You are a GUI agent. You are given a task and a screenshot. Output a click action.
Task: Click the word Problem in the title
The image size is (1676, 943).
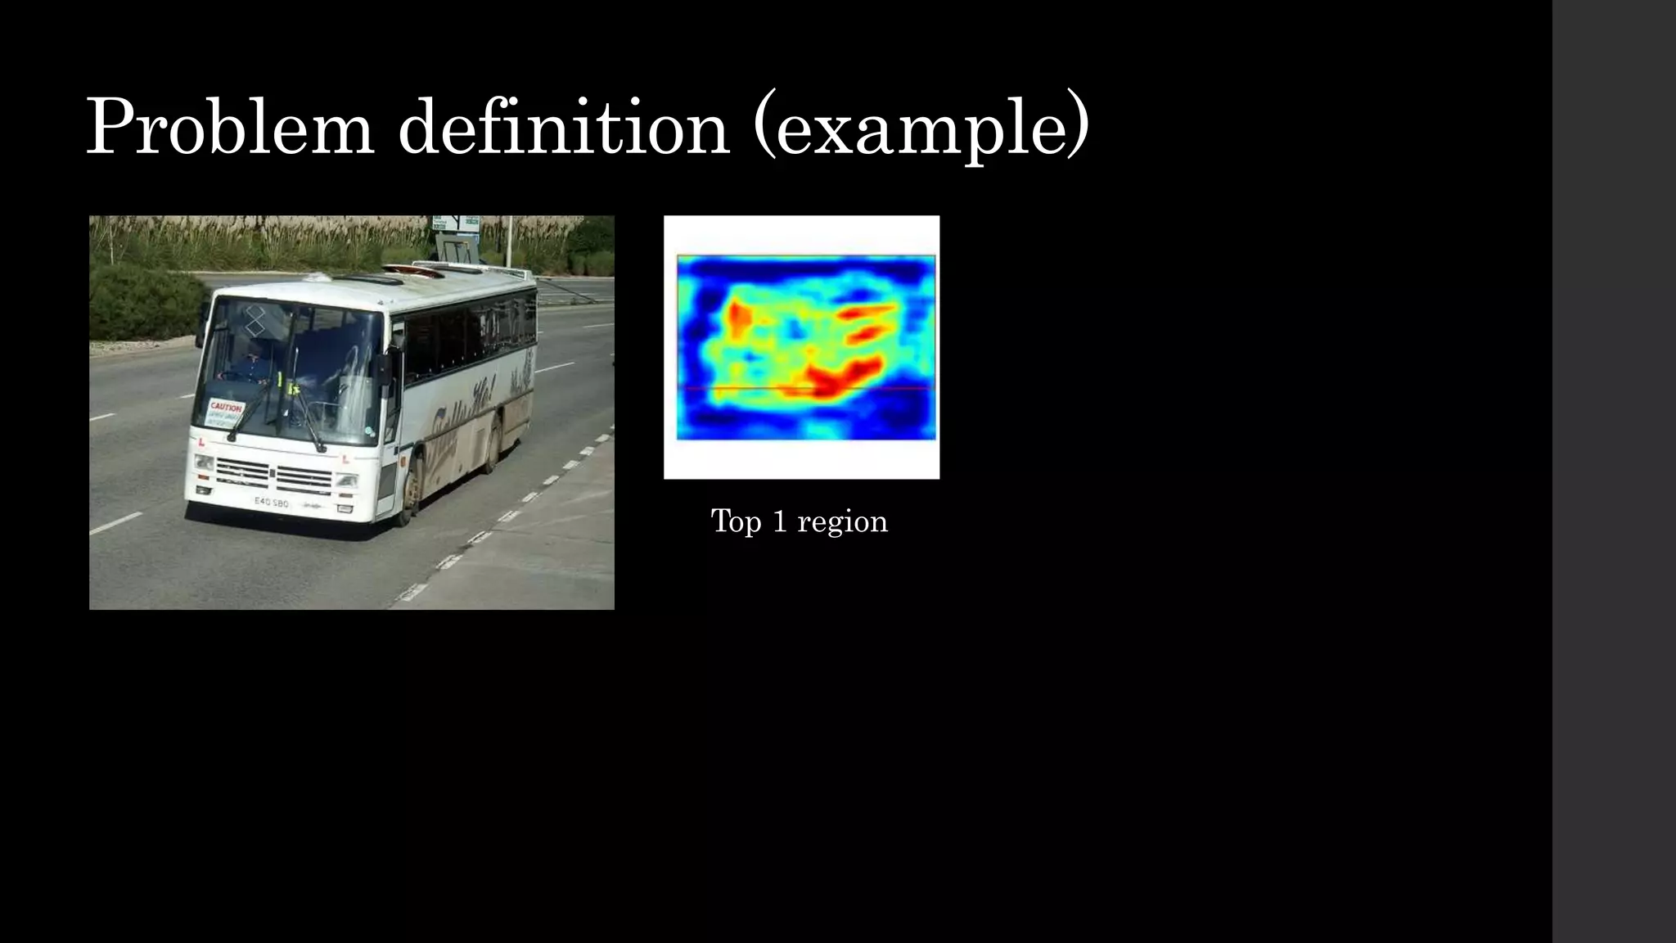[x=230, y=128]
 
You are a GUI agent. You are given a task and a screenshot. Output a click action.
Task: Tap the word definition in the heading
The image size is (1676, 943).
[x=563, y=128]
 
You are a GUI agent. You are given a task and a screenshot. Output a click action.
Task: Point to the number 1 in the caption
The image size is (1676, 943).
[x=779, y=521]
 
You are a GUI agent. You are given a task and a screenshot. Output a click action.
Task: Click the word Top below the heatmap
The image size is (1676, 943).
[x=736, y=521]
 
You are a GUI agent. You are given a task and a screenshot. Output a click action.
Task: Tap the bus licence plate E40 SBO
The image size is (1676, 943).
[x=271, y=502]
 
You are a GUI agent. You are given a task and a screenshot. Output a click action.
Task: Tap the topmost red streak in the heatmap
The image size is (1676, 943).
[x=867, y=310]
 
